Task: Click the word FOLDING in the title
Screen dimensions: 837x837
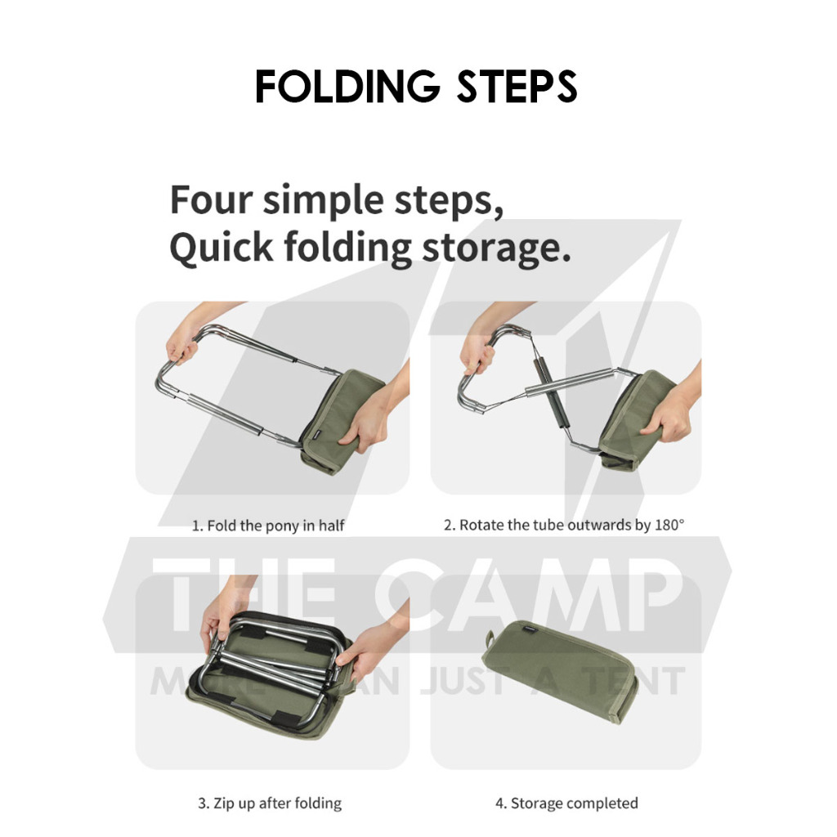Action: tap(347, 86)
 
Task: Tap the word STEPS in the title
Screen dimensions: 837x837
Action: tap(517, 86)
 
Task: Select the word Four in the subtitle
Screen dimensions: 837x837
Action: tap(212, 199)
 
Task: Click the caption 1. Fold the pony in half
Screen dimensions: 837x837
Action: tap(268, 526)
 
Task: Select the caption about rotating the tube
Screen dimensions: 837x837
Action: tap(564, 526)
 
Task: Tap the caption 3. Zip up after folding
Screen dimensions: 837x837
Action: tap(270, 803)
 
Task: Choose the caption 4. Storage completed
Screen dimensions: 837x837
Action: tap(566, 803)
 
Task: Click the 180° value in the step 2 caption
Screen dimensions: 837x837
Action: tap(669, 525)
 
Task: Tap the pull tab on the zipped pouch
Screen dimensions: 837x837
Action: tap(489, 638)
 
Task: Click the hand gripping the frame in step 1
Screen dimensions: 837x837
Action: tap(183, 342)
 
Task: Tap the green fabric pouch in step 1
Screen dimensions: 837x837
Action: tap(342, 422)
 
